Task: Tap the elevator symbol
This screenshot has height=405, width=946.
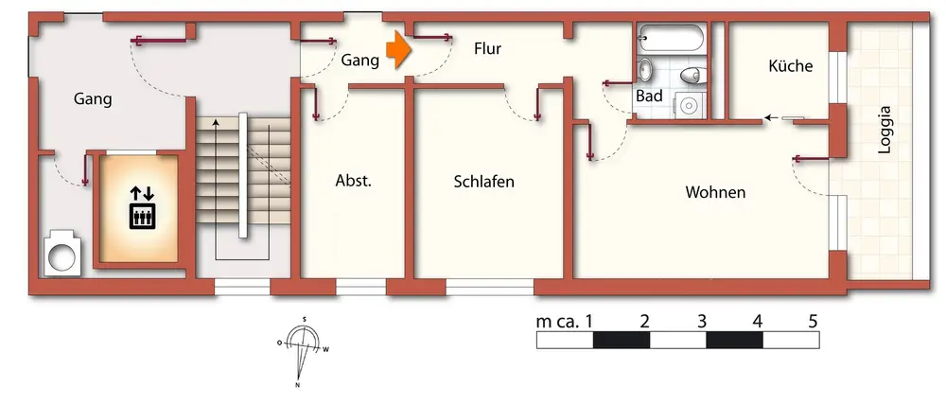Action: tap(142, 209)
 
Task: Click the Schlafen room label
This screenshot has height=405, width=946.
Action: tap(483, 182)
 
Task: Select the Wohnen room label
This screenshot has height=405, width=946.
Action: tap(715, 193)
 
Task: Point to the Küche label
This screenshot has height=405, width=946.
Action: tap(790, 66)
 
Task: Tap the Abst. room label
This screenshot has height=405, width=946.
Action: tap(353, 182)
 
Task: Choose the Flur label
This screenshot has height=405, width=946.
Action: tap(487, 48)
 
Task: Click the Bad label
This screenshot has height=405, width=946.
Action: tap(649, 97)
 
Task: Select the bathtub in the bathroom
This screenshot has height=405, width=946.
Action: tap(671, 40)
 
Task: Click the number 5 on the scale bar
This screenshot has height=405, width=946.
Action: tap(813, 321)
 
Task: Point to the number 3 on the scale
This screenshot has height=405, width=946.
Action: tap(701, 321)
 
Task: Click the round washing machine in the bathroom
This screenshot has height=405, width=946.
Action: tap(689, 105)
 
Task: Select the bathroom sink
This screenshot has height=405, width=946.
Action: tap(645, 70)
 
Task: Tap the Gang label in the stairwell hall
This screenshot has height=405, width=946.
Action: tap(93, 98)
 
